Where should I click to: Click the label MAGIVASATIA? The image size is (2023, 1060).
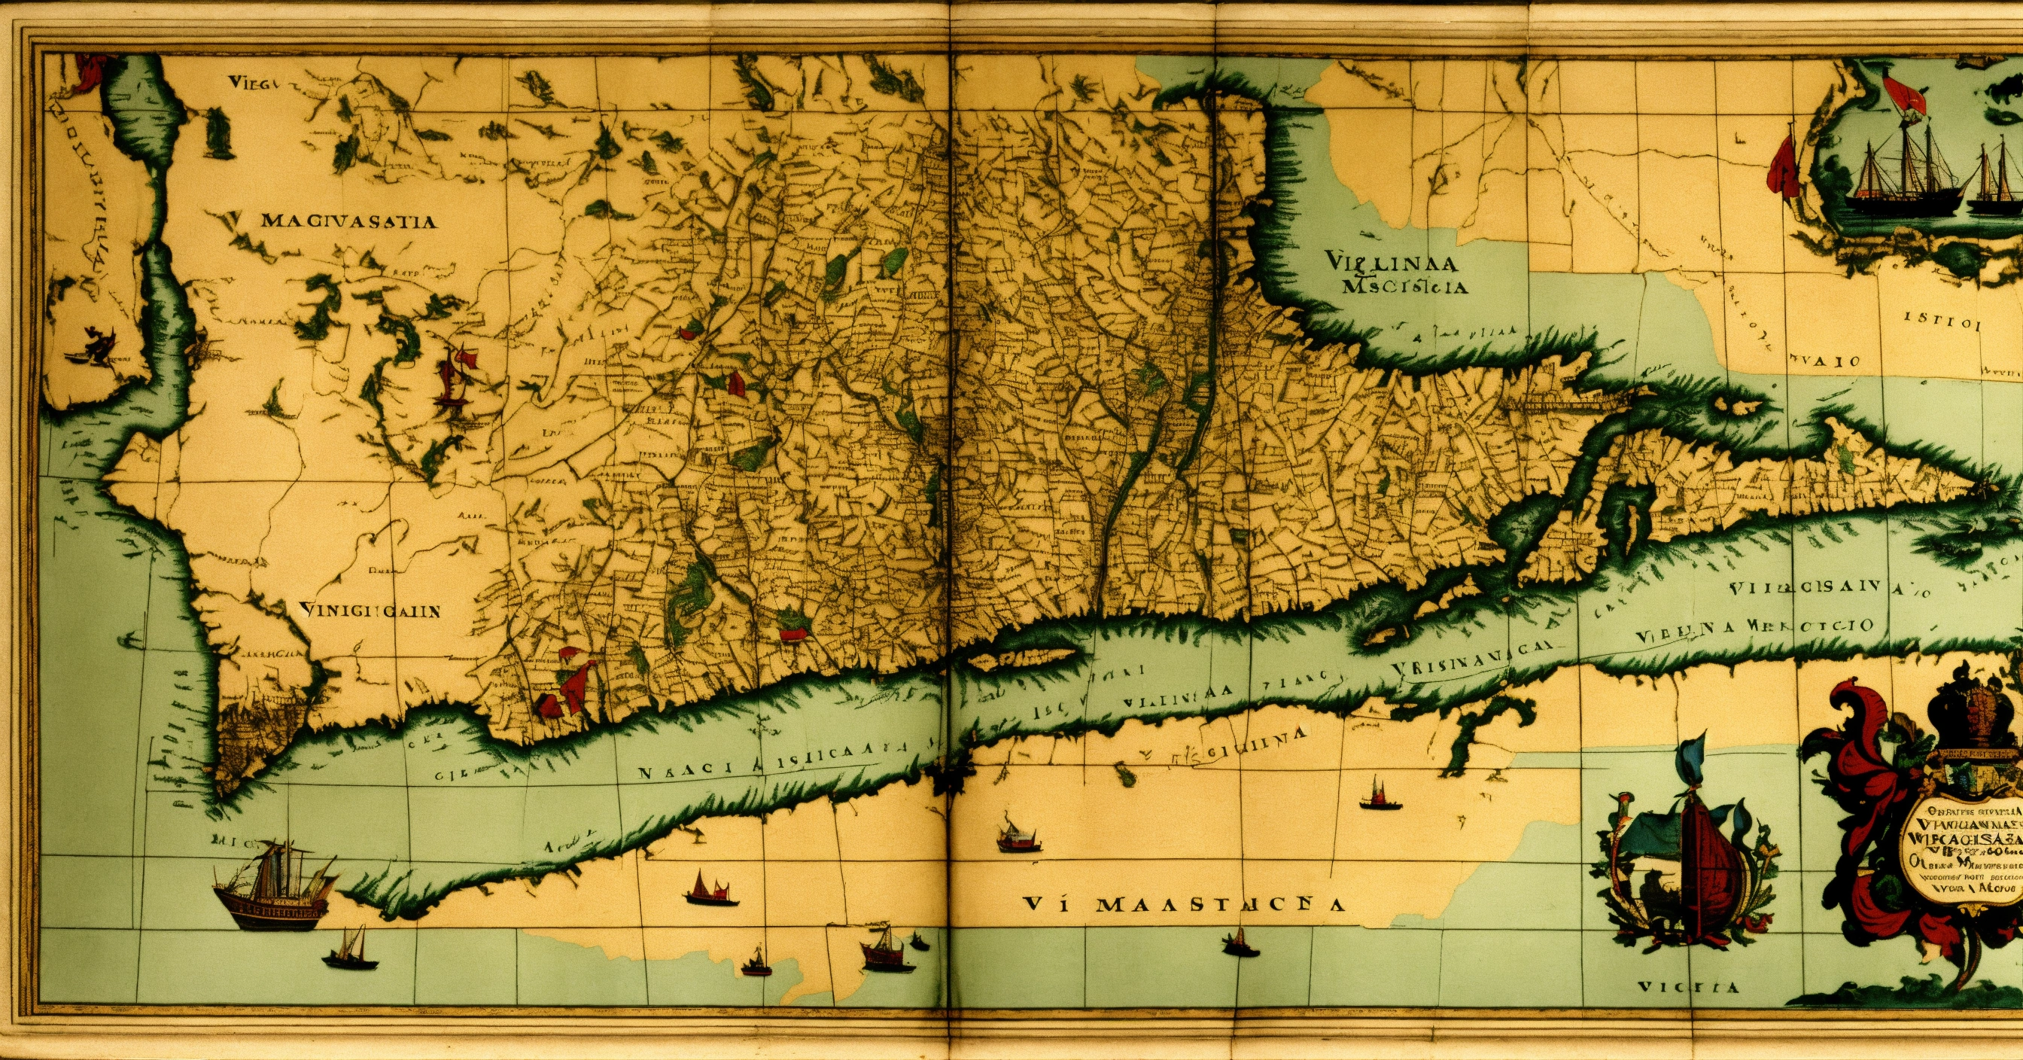(x=348, y=221)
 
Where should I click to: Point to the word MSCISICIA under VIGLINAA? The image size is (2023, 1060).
(x=1404, y=287)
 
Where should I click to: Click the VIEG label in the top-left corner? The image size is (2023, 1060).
(x=249, y=82)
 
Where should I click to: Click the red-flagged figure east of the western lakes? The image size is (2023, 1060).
(x=458, y=375)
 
